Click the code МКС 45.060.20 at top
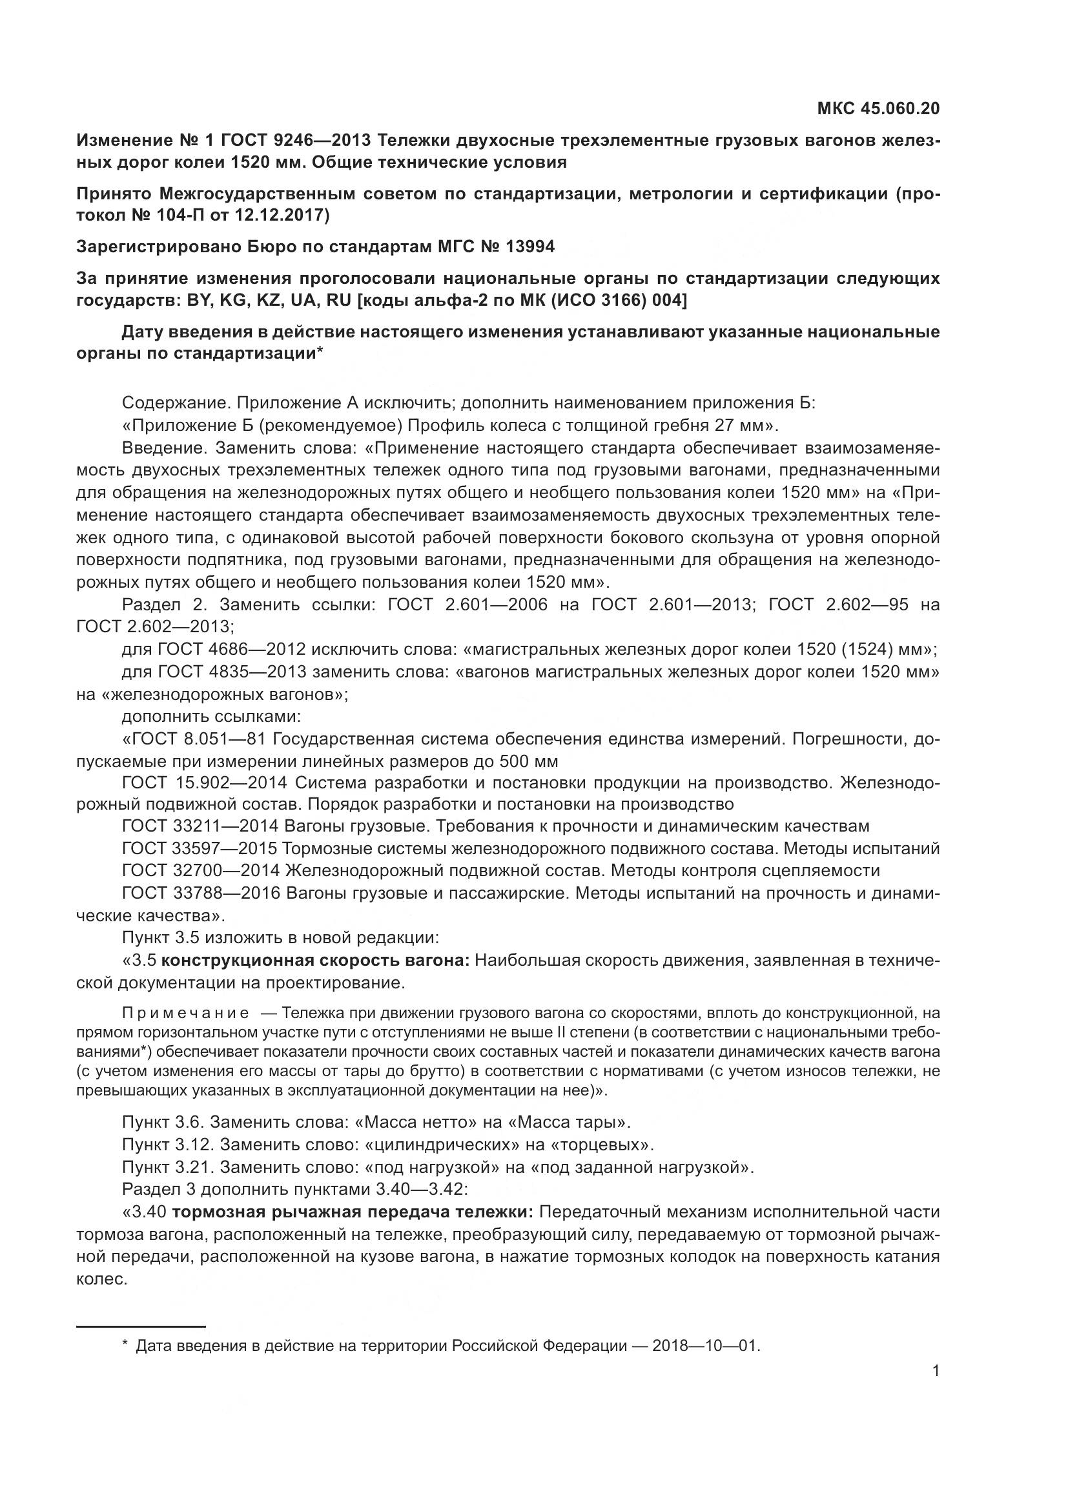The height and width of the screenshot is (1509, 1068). [x=878, y=108]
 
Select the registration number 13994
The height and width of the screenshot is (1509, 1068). [x=529, y=246]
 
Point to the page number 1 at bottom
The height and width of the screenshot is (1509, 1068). [x=936, y=1370]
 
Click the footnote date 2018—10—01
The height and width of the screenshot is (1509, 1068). [x=706, y=1345]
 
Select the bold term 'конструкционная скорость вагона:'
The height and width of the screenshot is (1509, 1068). [x=315, y=960]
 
